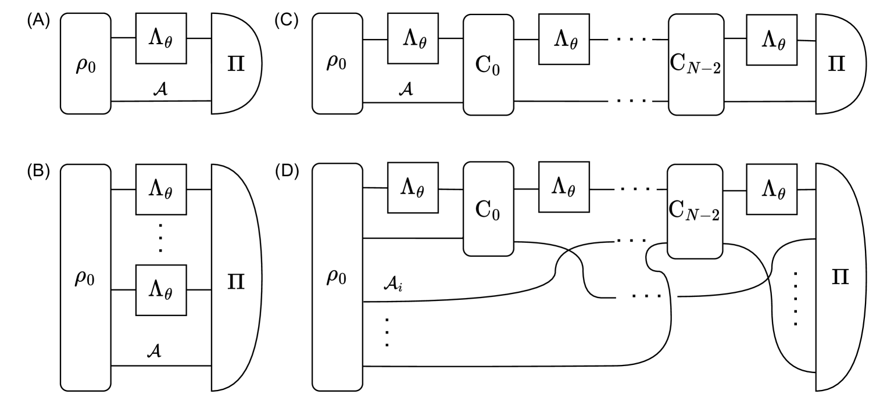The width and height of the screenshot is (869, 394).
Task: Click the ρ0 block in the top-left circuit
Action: [x=85, y=64]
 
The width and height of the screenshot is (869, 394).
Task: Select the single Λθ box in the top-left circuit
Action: [x=161, y=38]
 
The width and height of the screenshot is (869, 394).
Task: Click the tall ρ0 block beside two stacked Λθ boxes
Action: [x=85, y=278]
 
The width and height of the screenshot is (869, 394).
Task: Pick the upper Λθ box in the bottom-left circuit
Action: [x=161, y=189]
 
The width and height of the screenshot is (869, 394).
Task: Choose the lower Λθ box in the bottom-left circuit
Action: [x=161, y=290]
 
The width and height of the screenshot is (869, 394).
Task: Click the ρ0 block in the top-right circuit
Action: [x=337, y=64]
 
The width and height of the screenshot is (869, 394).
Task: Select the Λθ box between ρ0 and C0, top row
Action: [x=413, y=38]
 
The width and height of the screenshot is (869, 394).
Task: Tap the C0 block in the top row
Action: [x=488, y=65]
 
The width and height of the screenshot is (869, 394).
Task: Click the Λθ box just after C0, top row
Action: [x=564, y=39]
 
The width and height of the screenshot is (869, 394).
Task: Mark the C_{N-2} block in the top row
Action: [x=696, y=65]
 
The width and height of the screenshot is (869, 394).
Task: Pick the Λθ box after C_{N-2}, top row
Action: [x=771, y=40]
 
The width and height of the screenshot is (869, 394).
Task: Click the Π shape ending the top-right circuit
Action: [x=835, y=64]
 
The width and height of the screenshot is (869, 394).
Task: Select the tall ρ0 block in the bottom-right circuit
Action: [x=337, y=278]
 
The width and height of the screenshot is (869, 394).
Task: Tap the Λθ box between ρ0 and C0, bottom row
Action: [x=413, y=187]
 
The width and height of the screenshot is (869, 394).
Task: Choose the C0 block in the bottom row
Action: [x=488, y=209]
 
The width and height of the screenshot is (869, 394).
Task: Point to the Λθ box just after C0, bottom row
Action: [x=564, y=187]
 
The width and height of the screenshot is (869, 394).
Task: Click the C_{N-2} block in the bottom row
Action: [x=695, y=212]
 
